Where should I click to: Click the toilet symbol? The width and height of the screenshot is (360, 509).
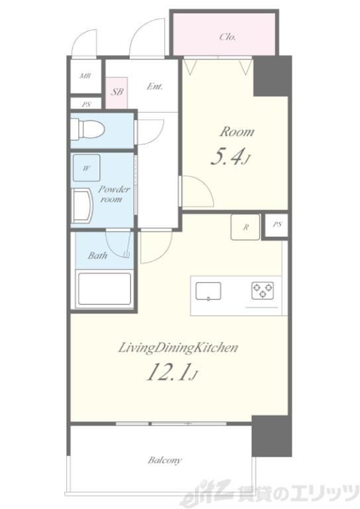tap(88, 129)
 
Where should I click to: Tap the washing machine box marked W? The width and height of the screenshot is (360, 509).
tap(86, 168)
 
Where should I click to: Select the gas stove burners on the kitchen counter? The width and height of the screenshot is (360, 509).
tap(263, 290)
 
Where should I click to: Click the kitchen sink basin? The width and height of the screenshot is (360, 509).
tap(208, 291)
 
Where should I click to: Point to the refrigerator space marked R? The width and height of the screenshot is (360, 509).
tap(245, 227)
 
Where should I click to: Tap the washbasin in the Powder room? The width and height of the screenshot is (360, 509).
tap(82, 206)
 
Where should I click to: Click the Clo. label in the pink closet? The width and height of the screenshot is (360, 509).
tap(227, 36)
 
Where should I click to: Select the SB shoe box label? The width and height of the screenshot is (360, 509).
tap(117, 91)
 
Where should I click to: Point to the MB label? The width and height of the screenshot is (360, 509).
tap(86, 76)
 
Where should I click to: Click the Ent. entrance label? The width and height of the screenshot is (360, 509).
tap(154, 86)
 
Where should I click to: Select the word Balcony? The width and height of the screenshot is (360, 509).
tap(164, 461)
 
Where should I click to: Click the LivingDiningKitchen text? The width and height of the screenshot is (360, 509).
tap(178, 348)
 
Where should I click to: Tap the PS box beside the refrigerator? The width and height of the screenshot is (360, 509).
tap(276, 225)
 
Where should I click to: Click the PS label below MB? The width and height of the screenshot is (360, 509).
tap(86, 105)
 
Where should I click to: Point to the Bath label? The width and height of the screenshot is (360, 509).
tap(97, 255)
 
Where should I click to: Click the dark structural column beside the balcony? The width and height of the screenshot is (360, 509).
tap(271, 435)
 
